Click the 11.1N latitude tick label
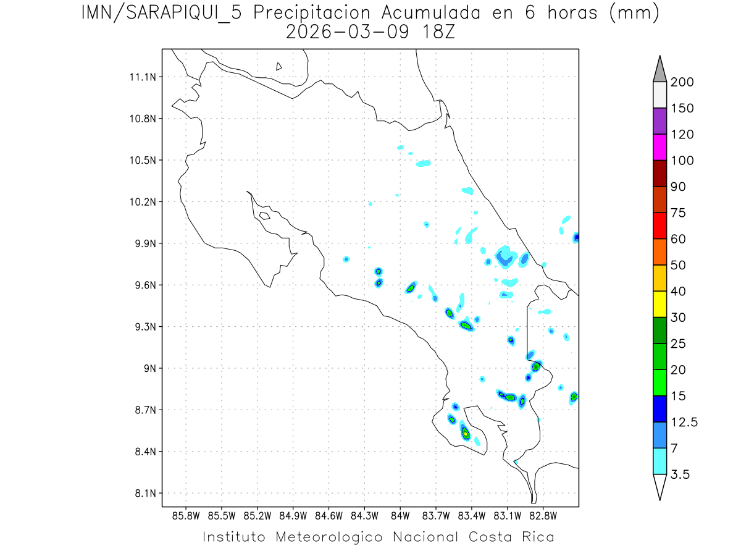pyautogui.click(x=141, y=77)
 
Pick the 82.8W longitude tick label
pyautogui.click(x=543, y=515)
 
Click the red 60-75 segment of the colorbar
pyautogui.click(x=659, y=225)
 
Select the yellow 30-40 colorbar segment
pyautogui.click(x=659, y=304)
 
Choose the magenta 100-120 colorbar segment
pyautogui.click(x=659, y=147)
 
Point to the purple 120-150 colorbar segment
pyautogui.click(x=659, y=121)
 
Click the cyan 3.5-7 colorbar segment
pyautogui.click(x=659, y=461)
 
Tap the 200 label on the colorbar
pyautogui.click(x=682, y=83)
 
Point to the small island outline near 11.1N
pyautogui.click(x=279, y=66)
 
